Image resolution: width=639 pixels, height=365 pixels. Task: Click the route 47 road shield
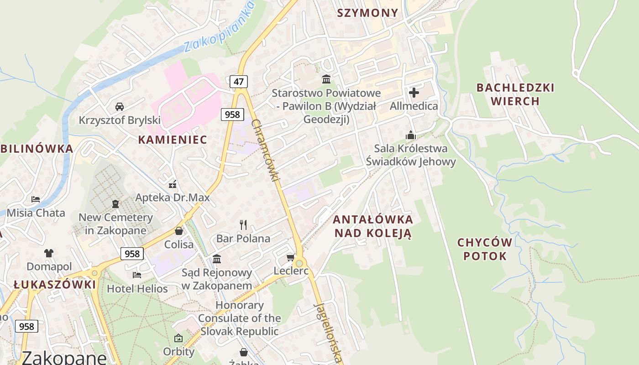(x=238, y=82)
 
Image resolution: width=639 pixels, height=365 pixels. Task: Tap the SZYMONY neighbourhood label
(x=367, y=13)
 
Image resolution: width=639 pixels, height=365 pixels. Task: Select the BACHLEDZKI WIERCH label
(x=515, y=94)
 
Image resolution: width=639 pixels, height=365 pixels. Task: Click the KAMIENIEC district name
(x=173, y=140)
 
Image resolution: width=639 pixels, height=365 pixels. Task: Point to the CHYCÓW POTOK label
(x=485, y=249)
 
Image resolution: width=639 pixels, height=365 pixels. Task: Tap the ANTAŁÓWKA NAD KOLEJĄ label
(x=373, y=226)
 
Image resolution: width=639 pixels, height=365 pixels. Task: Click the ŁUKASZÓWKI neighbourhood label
(x=55, y=285)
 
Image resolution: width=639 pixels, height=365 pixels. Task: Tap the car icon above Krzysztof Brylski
(x=120, y=107)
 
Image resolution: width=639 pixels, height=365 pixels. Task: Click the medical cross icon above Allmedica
(x=414, y=93)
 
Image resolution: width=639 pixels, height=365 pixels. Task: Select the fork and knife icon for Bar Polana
(x=243, y=224)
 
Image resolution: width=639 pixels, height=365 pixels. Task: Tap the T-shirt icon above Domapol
(x=49, y=253)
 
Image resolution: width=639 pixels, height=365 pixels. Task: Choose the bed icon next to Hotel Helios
(x=136, y=275)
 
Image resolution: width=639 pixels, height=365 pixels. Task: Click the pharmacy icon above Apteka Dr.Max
(x=173, y=184)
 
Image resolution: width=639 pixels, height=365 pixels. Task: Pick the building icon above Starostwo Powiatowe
(x=326, y=79)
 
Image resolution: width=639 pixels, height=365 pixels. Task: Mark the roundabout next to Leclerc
(x=299, y=263)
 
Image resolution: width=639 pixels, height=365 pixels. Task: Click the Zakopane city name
(x=64, y=357)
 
